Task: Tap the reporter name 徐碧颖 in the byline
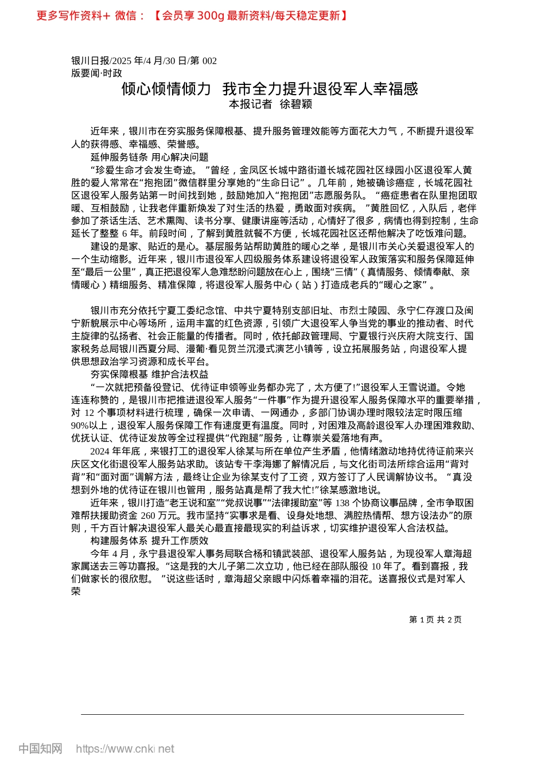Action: [x=295, y=104]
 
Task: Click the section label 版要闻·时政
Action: [x=96, y=73]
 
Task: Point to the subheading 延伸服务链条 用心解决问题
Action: [x=149, y=157]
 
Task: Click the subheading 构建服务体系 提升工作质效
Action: [x=149, y=541]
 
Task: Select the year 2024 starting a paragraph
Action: [x=100, y=451]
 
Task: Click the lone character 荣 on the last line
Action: [x=76, y=591]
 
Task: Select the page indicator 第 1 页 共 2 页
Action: [x=435, y=620]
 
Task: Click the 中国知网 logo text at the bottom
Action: [x=40, y=749]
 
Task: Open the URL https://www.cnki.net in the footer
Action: [x=125, y=749]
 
